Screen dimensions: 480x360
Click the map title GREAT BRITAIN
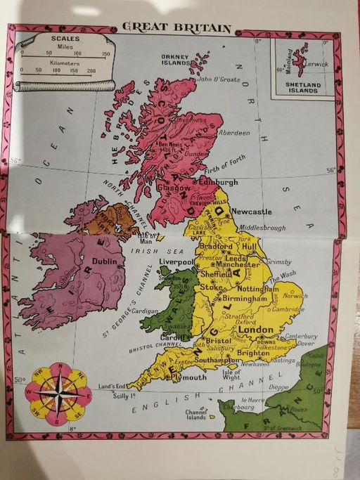coord(176,27)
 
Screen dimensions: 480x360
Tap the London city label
coord(256,329)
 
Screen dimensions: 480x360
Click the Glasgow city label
coord(173,188)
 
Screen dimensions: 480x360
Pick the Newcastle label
coord(251,212)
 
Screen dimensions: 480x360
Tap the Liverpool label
coord(176,261)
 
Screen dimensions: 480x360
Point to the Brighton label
coord(252,353)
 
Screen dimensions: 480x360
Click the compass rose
coord(59,394)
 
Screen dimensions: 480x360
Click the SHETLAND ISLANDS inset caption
coord(302,86)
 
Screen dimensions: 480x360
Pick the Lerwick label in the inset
coord(317,64)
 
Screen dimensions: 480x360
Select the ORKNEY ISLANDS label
coord(175,59)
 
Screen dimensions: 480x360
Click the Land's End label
coord(112,386)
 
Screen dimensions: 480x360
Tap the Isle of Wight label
coord(231,375)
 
